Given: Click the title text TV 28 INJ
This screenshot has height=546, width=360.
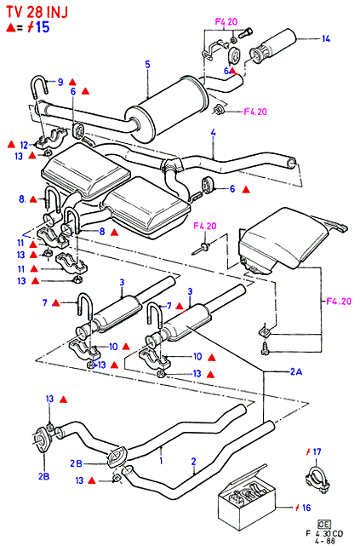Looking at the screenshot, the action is [x=37, y=12].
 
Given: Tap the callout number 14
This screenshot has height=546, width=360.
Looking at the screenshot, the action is [x=326, y=38].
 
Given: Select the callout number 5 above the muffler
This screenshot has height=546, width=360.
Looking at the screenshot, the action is [x=148, y=64].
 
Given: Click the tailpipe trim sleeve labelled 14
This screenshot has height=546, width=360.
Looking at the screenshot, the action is [x=273, y=47].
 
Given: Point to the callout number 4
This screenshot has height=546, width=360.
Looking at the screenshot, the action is [x=214, y=132].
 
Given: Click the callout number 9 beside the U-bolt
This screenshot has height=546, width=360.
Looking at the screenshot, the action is [x=60, y=83].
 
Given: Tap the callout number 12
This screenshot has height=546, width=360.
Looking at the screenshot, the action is [x=24, y=145].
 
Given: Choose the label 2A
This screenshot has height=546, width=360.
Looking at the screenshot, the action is [x=296, y=372].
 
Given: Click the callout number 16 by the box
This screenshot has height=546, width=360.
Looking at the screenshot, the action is [x=306, y=508].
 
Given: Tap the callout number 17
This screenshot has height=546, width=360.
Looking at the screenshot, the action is [x=317, y=452].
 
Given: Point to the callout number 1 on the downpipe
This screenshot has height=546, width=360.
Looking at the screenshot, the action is [x=161, y=461].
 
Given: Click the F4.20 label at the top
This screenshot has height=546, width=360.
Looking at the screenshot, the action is [x=226, y=21].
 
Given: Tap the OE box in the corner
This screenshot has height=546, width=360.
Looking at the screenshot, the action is [x=324, y=524].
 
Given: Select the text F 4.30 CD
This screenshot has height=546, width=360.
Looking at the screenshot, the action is [x=323, y=533].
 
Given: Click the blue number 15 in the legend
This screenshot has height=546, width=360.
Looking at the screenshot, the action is [x=43, y=27].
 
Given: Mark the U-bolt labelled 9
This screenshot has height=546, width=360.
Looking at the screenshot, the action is [x=39, y=87].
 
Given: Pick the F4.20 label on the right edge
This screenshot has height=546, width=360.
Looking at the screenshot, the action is [x=339, y=301].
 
